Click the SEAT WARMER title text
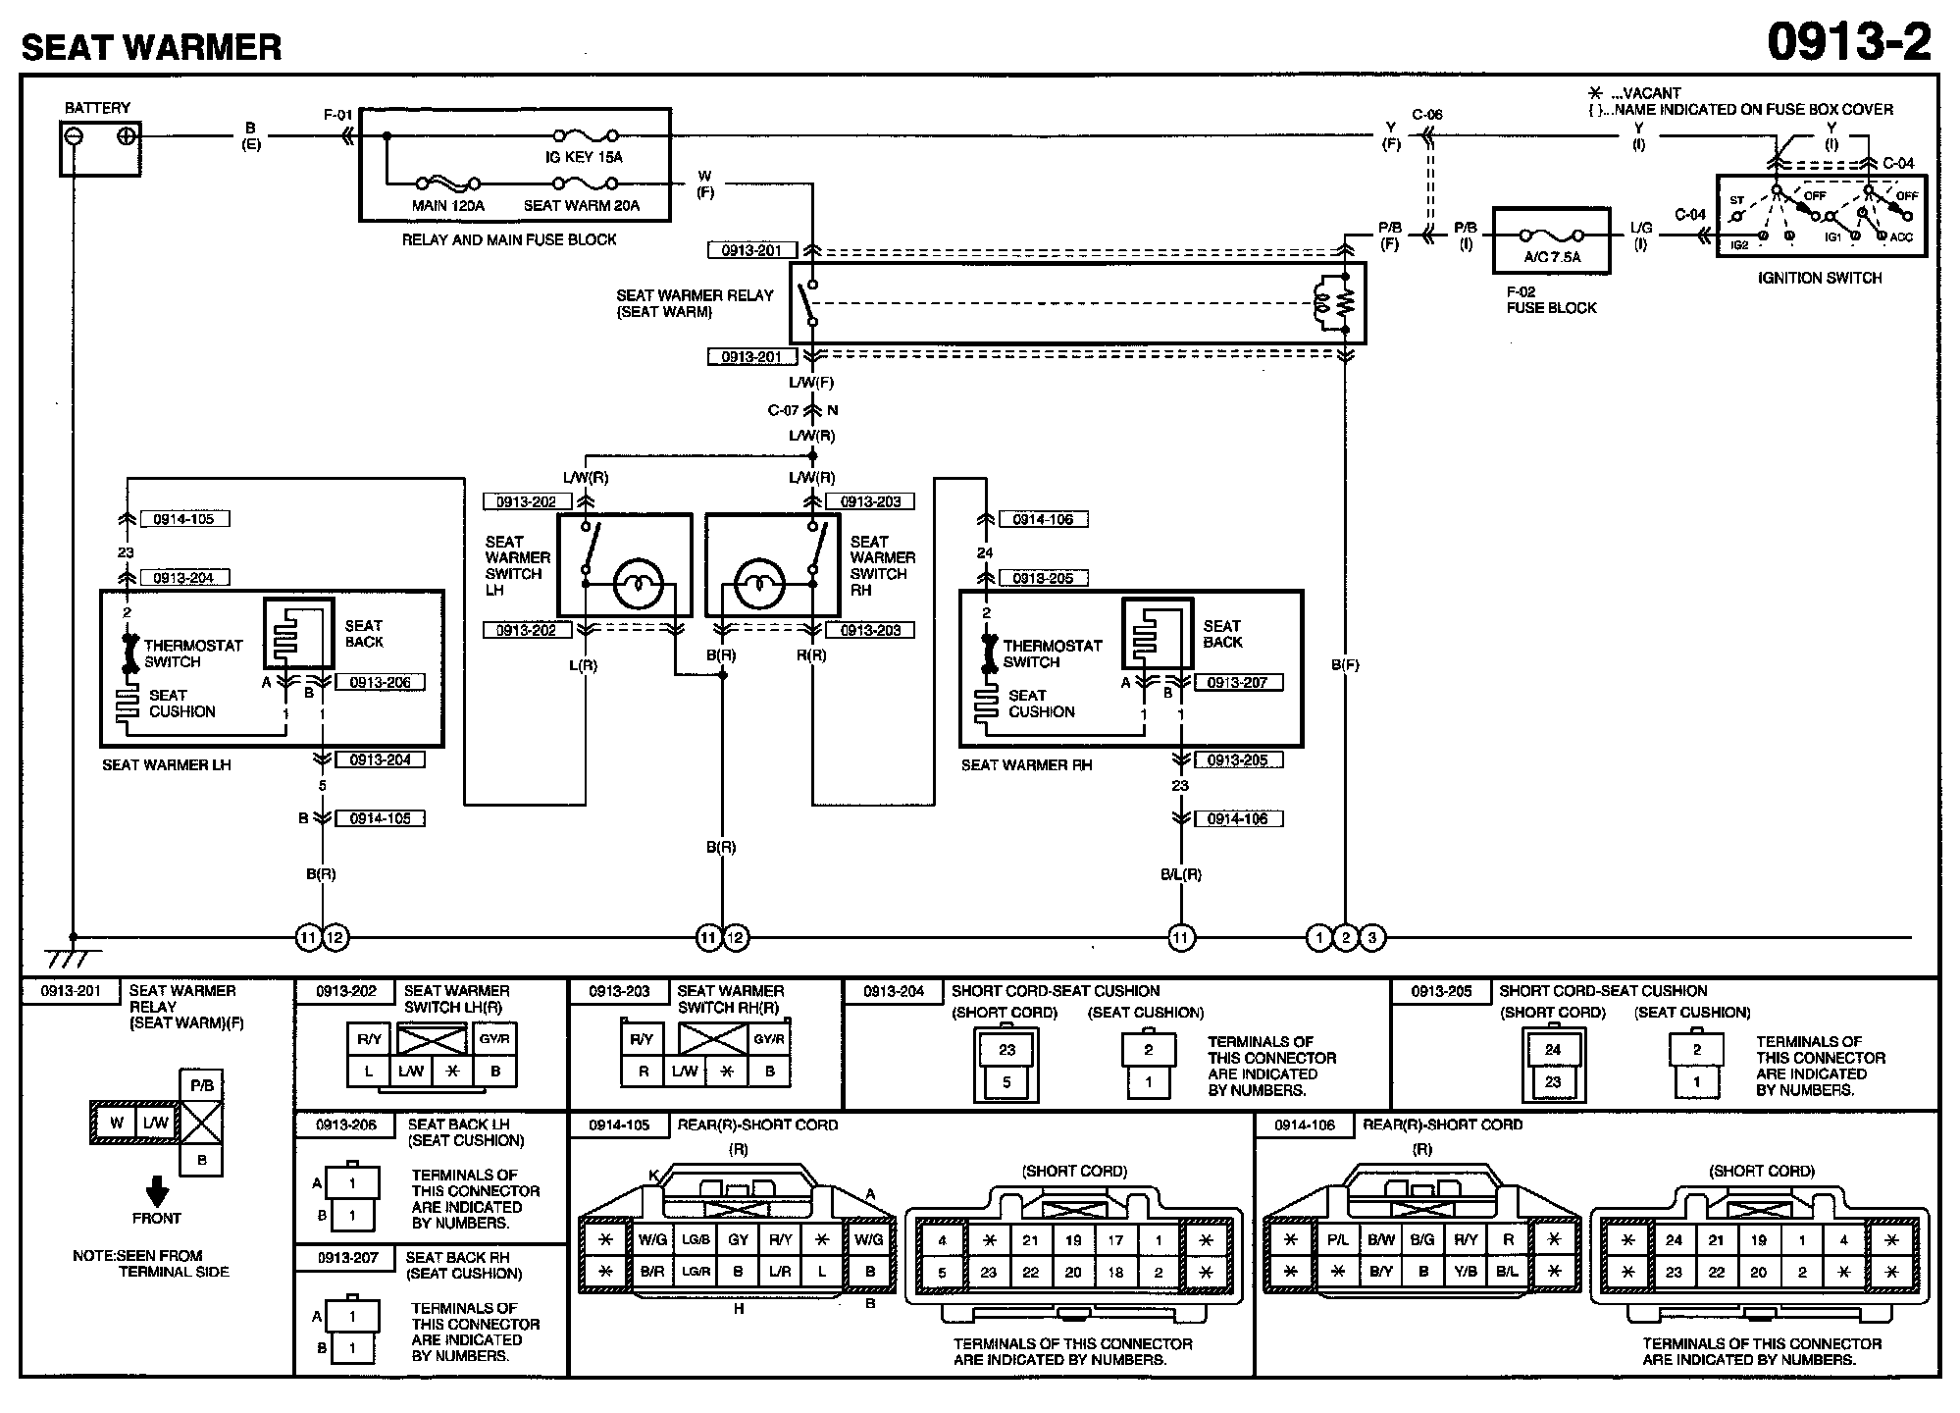(x=151, y=47)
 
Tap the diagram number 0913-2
(x=1848, y=42)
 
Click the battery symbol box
(x=100, y=148)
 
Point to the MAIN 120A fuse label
(x=448, y=206)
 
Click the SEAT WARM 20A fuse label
(x=582, y=206)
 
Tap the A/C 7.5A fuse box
(x=1551, y=240)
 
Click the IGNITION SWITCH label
(x=1820, y=278)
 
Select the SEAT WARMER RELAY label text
(x=695, y=303)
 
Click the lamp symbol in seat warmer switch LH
(x=639, y=584)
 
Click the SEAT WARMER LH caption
(x=167, y=765)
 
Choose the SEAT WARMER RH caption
(x=1026, y=765)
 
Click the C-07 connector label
(x=784, y=410)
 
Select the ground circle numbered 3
(x=1372, y=939)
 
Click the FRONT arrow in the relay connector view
(x=157, y=1191)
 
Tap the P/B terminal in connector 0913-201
(x=201, y=1086)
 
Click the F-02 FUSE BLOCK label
(x=1551, y=300)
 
